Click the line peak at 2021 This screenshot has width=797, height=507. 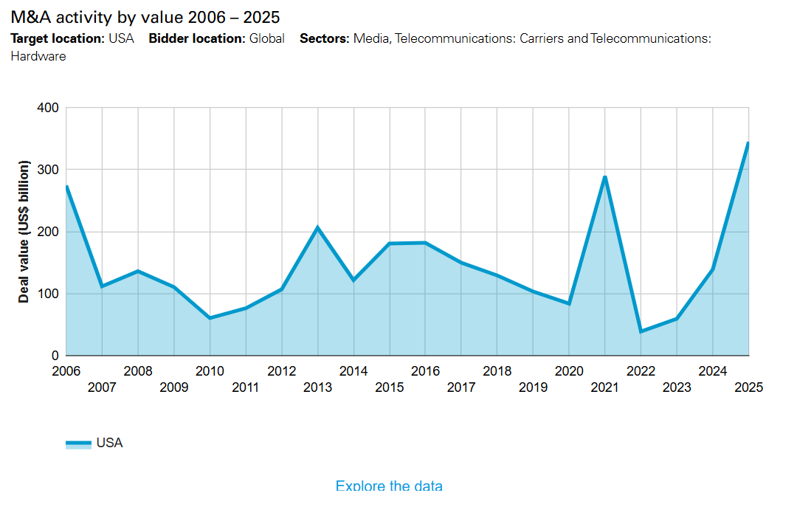click(605, 177)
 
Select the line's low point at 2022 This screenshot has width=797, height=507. click(641, 331)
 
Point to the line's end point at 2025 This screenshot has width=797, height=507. click(748, 143)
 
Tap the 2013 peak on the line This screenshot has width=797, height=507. click(318, 227)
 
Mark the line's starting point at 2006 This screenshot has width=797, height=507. click(66, 187)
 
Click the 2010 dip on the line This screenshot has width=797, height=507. click(210, 318)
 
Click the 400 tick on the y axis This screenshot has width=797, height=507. click(48, 108)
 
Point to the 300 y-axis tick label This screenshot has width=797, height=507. click(48, 170)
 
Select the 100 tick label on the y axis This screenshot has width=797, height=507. click(48, 294)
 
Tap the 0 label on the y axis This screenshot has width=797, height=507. click(55, 356)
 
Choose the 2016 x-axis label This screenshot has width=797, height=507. click(425, 370)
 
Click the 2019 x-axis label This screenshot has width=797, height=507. click(533, 387)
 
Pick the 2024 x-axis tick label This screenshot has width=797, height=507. click(712, 370)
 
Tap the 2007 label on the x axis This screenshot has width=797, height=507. click(102, 387)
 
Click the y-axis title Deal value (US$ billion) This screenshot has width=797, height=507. click(24, 232)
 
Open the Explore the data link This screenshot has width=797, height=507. click(389, 486)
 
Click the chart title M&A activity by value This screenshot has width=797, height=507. click(145, 16)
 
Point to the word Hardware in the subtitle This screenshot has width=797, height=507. click(38, 56)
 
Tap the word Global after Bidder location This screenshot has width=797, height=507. click(266, 38)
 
